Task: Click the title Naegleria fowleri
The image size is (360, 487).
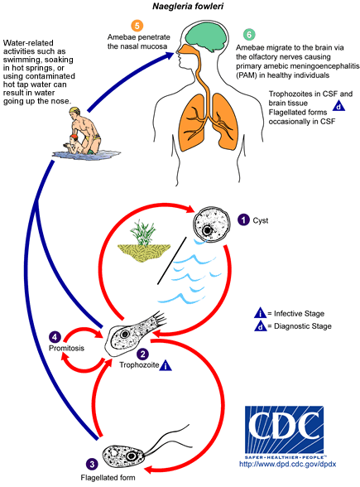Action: click(x=179, y=8)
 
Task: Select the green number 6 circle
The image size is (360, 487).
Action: click(x=249, y=36)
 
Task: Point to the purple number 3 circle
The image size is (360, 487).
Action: click(x=91, y=463)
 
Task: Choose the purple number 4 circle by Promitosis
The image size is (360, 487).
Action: click(x=54, y=337)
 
